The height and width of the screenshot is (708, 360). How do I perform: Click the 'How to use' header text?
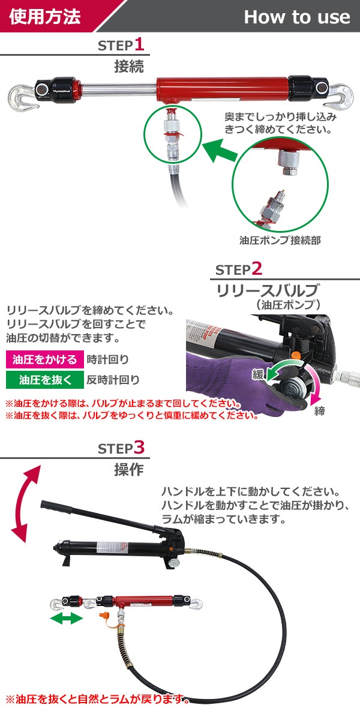tap(297, 17)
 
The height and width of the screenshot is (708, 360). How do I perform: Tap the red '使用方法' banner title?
tap(45, 17)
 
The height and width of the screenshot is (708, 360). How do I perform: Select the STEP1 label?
tap(121, 45)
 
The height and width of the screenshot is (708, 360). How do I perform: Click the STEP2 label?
tap(239, 269)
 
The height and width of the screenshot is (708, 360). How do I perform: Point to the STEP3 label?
tap(122, 448)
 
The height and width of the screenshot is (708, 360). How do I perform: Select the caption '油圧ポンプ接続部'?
tap(280, 240)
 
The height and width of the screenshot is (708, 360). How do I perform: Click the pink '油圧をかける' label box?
tap(45, 359)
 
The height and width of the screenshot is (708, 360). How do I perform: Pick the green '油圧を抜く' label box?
tap(45, 379)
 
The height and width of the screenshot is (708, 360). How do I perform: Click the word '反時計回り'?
tap(113, 379)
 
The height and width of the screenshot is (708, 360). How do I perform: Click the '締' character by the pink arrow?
tap(319, 412)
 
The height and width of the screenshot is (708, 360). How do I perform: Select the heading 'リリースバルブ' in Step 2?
tap(268, 290)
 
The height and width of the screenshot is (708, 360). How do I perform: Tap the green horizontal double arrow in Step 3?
tap(66, 618)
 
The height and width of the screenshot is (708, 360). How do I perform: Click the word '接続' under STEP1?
tap(129, 67)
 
